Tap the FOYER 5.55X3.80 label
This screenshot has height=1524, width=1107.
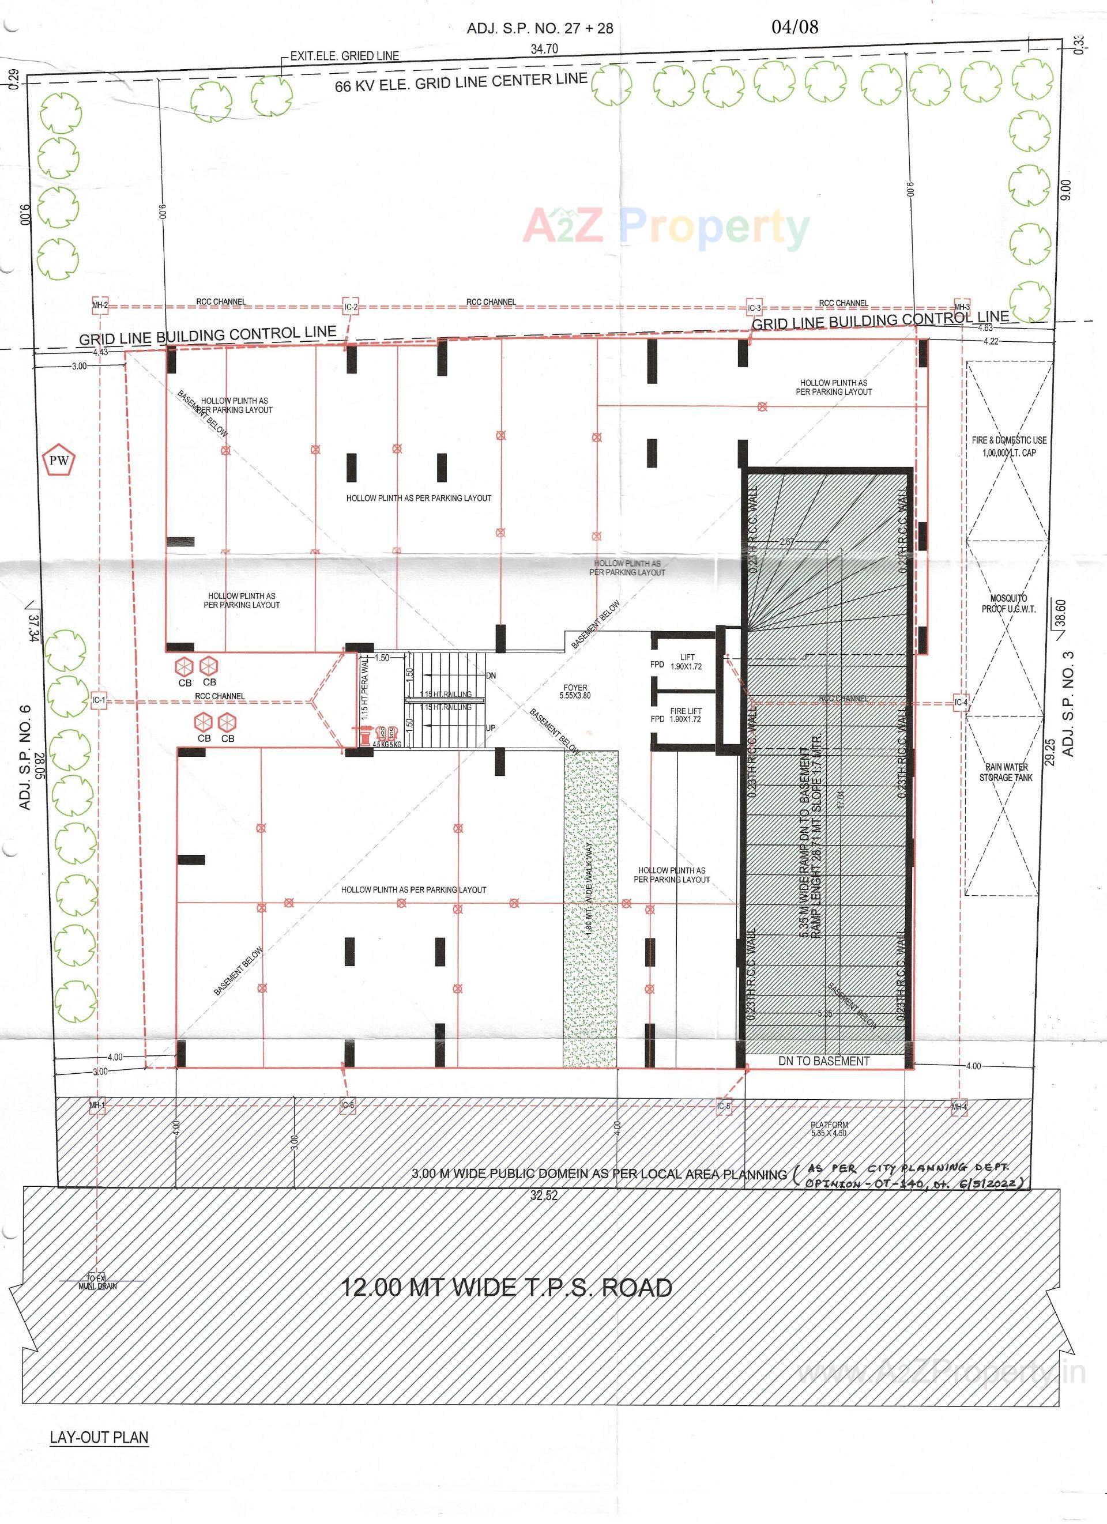(x=575, y=692)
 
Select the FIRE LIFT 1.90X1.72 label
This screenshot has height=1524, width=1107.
(x=686, y=715)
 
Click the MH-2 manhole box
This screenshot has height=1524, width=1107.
(x=100, y=305)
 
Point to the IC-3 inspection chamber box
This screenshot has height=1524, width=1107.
(x=755, y=308)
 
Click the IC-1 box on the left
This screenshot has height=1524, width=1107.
(x=99, y=701)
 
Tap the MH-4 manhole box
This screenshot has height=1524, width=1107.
(x=959, y=1107)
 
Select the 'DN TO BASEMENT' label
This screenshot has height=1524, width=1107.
(x=823, y=1061)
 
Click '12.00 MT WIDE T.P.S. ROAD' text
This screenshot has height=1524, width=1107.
(x=507, y=1288)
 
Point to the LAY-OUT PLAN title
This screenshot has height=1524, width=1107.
(x=99, y=1438)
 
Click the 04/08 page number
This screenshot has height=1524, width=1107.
(x=795, y=27)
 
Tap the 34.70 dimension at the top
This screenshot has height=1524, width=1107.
(x=544, y=49)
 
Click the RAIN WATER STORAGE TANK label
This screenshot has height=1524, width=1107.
(x=1006, y=772)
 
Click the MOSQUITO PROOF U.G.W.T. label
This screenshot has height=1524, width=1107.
(x=1008, y=603)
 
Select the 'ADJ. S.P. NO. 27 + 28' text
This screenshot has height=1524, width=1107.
(x=540, y=28)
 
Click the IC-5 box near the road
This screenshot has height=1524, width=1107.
(x=723, y=1106)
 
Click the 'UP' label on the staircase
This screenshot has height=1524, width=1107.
(x=491, y=729)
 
